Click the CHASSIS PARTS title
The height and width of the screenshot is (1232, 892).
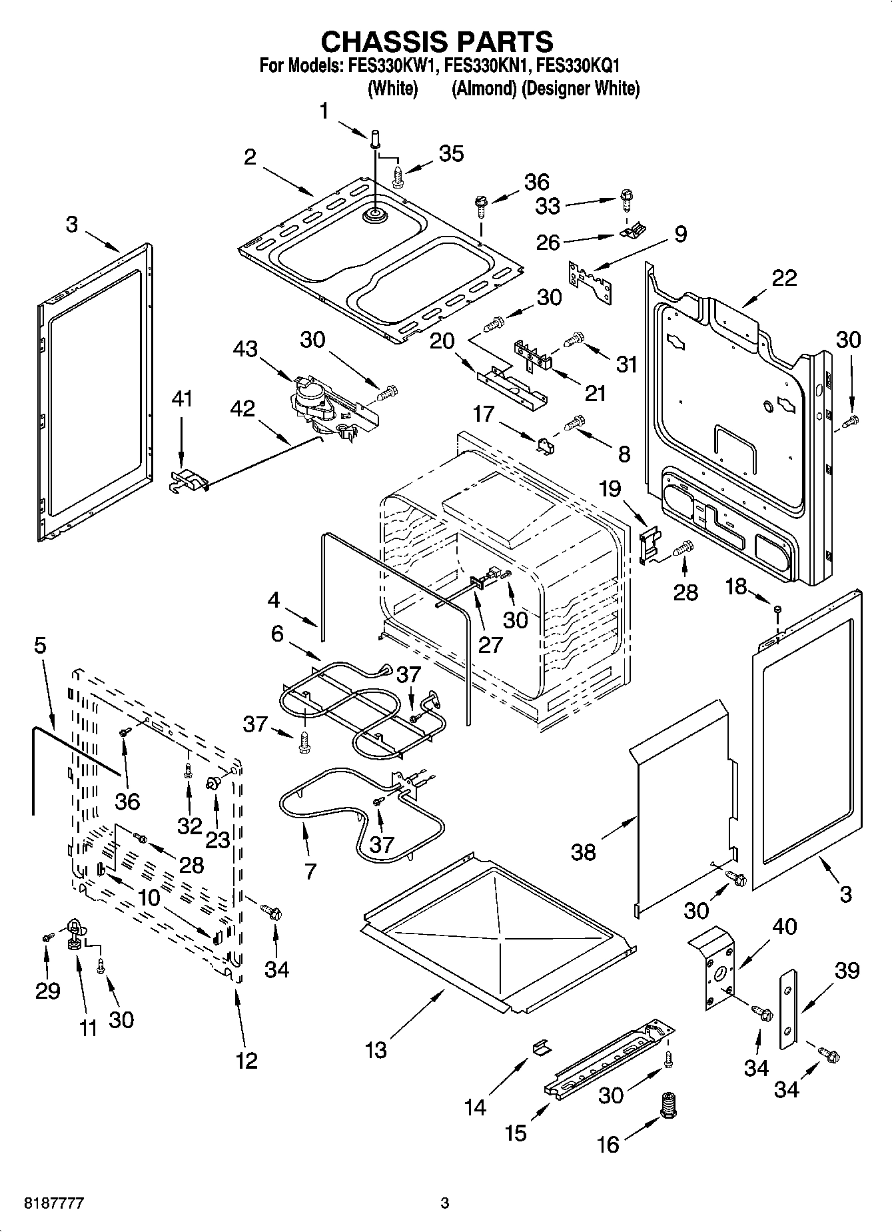(x=437, y=42)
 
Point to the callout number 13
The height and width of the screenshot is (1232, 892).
(x=376, y=1050)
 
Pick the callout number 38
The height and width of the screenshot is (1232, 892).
(x=584, y=852)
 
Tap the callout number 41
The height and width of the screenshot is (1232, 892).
(x=182, y=399)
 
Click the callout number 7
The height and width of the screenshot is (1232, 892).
(x=310, y=871)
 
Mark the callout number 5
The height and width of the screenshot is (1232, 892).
(x=41, y=645)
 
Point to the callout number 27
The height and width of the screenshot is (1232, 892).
(x=490, y=645)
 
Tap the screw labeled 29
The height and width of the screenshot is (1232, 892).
(x=47, y=937)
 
